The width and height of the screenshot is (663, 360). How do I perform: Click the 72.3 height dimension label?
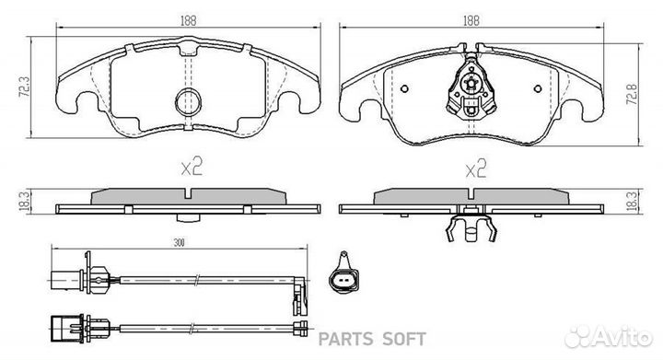(25, 87)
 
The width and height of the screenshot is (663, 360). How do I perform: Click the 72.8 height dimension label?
(632, 94)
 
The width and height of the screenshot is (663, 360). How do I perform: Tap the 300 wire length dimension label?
(180, 242)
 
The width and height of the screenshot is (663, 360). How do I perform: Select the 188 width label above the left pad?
(189, 20)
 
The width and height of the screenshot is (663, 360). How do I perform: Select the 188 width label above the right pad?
(471, 20)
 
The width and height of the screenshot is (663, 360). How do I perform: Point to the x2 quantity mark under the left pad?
(192, 167)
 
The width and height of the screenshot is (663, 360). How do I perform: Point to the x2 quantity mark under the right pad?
(476, 168)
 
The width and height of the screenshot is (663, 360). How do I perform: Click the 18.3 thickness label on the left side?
(25, 201)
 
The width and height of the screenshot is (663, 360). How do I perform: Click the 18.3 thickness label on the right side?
(632, 201)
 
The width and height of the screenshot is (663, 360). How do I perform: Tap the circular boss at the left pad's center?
(189, 101)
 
